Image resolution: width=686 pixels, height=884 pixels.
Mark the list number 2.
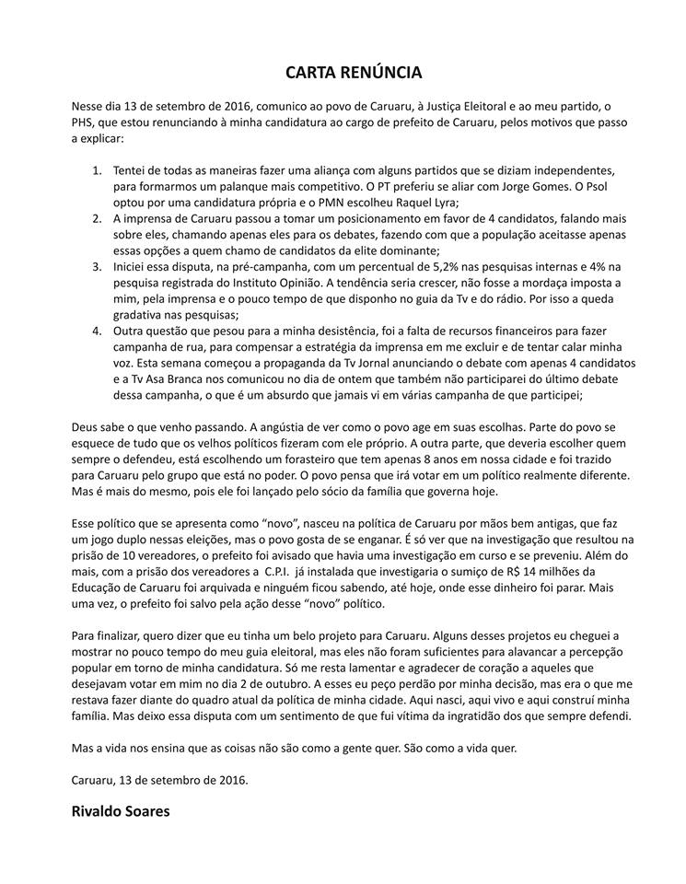pyautogui.click(x=98, y=219)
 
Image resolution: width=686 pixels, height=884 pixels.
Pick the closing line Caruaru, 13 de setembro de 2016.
pyautogui.click(x=159, y=779)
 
